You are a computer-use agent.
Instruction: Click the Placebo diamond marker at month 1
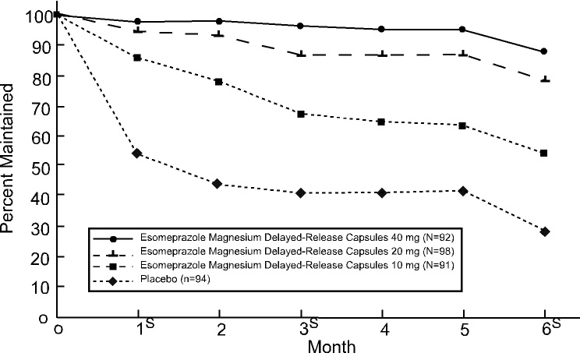[x=137, y=154]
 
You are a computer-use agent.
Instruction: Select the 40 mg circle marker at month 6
[x=544, y=51]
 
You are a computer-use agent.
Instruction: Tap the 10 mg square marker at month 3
[x=300, y=114]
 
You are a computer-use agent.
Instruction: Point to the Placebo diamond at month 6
[x=544, y=231]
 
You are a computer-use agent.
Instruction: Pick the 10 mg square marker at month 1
[x=137, y=58]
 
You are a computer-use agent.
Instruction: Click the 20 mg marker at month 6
[x=544, y=79]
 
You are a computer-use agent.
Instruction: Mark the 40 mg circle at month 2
[x=218, y=21]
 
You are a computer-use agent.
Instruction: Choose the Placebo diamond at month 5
[x=463, y=191]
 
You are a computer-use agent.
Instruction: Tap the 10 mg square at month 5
[x=463, y=125]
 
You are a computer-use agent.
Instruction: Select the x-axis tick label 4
[x=382, y=331]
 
